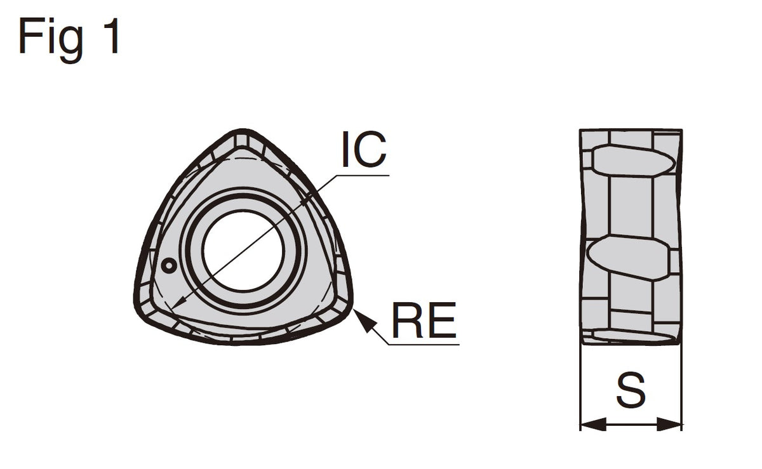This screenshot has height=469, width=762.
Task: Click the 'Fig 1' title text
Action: (x=69, y=39)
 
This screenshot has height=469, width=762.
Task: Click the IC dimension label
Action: (x=364, y=150)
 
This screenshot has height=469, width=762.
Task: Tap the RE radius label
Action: (x=424, y=320)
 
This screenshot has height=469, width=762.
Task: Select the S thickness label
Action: (x=631, y=390)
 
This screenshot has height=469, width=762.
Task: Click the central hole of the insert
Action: (x=243, y=251)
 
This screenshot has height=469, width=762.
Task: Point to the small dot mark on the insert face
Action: (x=168, y=266)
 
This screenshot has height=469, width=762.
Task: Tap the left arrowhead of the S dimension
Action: (x=593, y=425)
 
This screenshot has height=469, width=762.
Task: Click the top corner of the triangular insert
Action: (x=242, y=131)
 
